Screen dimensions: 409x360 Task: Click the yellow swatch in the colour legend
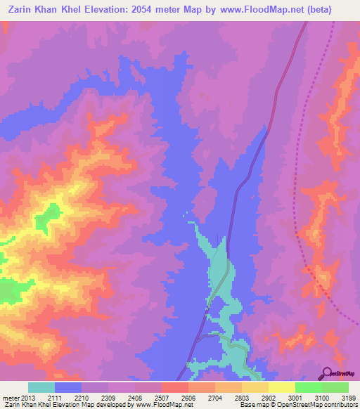[281, 388]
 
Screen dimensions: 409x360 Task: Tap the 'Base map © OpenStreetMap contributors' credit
[298, 404]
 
